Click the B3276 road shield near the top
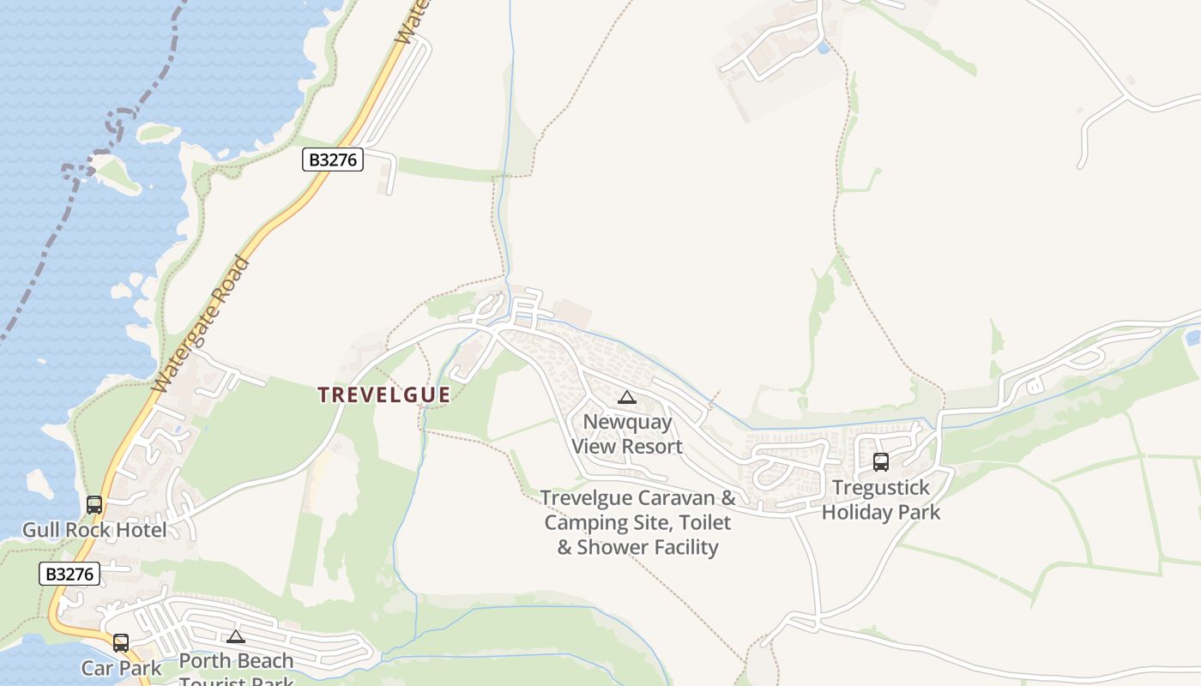[x=333, y=159]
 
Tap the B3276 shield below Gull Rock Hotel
[x=69, y=574]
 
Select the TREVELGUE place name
[x=383, y=394]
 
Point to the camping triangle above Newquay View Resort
[x=627, y=397]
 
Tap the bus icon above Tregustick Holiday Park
[x=880, y=462]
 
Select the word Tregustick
[x=881, y=488]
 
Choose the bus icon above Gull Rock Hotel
[x=94, y=505]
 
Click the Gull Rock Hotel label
[x=94, y=530]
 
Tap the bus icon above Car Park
[x=121, y=642]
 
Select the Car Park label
[x=121, y=667]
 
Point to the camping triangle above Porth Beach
[x=236, y=636]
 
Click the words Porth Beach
[x=236, y=661]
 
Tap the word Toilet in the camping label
[x=702, y=522]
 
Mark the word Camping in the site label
[x=583, y=522]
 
